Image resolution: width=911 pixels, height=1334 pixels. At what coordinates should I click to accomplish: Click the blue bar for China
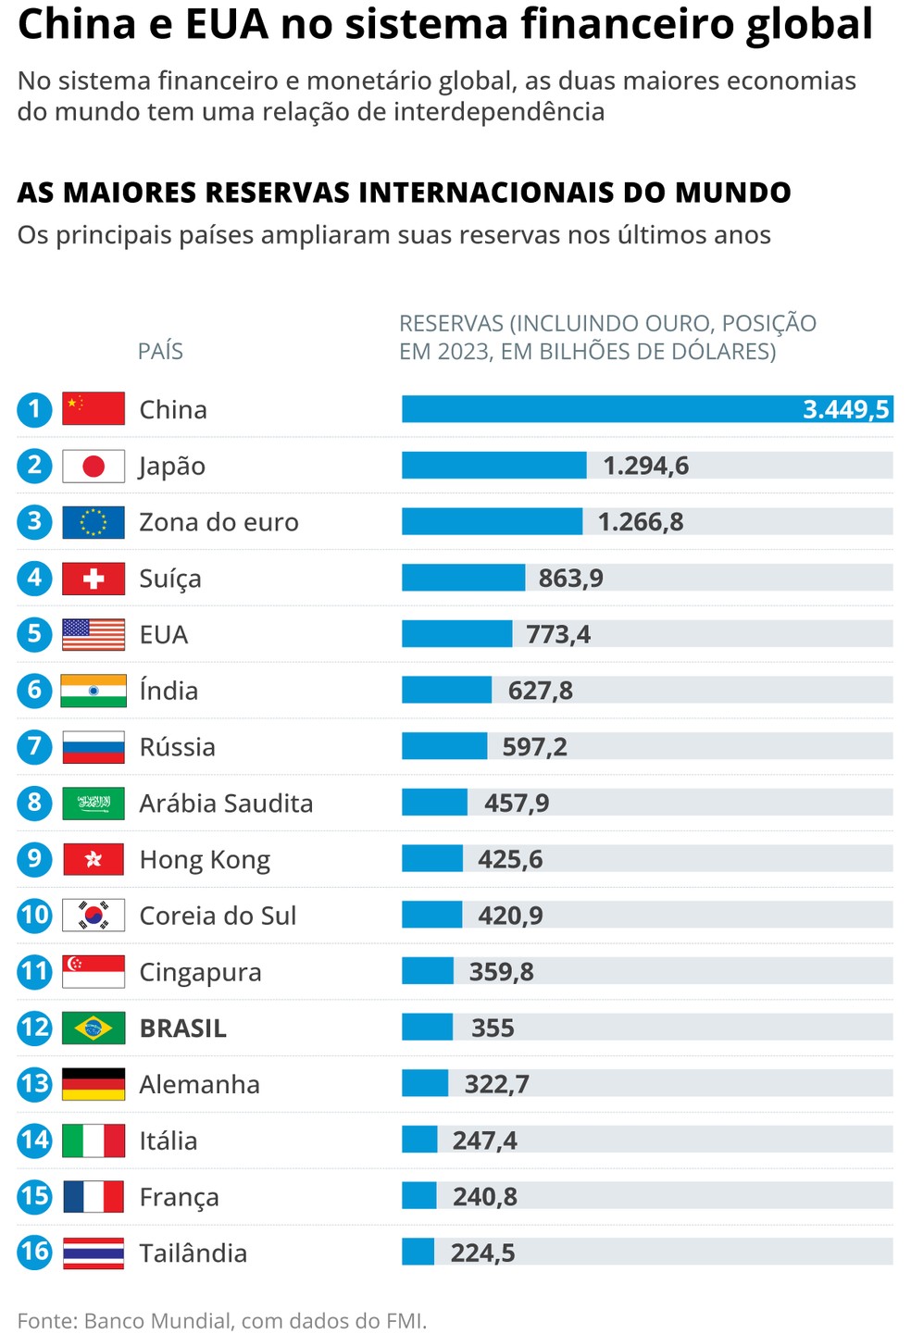(x=602, y=409)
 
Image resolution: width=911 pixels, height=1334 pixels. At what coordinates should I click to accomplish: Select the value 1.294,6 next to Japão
(x=645, y=466)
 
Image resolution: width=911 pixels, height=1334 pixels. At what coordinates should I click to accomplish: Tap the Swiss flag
(x=94, y=579)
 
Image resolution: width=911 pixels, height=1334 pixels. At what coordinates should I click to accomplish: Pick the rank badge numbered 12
(x=35, y=1028)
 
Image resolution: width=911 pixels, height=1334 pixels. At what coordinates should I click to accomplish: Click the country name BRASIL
(x=182, y=1029)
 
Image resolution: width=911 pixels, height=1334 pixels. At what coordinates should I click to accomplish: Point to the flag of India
(x=94, y=691)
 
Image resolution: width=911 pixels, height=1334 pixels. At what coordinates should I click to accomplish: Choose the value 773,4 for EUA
(x=557, y=634)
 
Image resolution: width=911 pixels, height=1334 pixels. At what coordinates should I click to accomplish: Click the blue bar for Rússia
(x=444, y=746)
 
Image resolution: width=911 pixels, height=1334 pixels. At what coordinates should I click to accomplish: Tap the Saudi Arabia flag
(x=94, y=803)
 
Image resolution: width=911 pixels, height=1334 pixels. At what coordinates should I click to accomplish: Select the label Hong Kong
(x=205, y=860)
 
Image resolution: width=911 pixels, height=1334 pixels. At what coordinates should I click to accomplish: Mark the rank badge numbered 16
(x=35, y=1253)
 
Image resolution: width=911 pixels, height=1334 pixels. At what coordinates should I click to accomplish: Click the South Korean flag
(x=94, y=916)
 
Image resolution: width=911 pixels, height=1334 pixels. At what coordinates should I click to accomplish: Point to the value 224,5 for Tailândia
(x=482, y=1253)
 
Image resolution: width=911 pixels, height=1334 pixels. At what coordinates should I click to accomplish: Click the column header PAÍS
(x=160, y=351)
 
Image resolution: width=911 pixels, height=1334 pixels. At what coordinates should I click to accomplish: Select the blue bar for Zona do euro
(x=492, y=521)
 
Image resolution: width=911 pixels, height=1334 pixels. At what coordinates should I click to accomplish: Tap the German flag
(x=94, y=1084)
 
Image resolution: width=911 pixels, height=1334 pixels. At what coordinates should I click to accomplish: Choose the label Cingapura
(x=200, y=972)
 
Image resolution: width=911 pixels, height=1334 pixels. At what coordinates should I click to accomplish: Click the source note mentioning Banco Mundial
(x=222, y=1320)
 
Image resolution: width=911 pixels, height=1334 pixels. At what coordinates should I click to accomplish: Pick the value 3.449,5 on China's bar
(x=845, y=409)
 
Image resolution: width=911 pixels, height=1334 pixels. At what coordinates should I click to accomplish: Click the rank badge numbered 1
(x=35, y=408)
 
